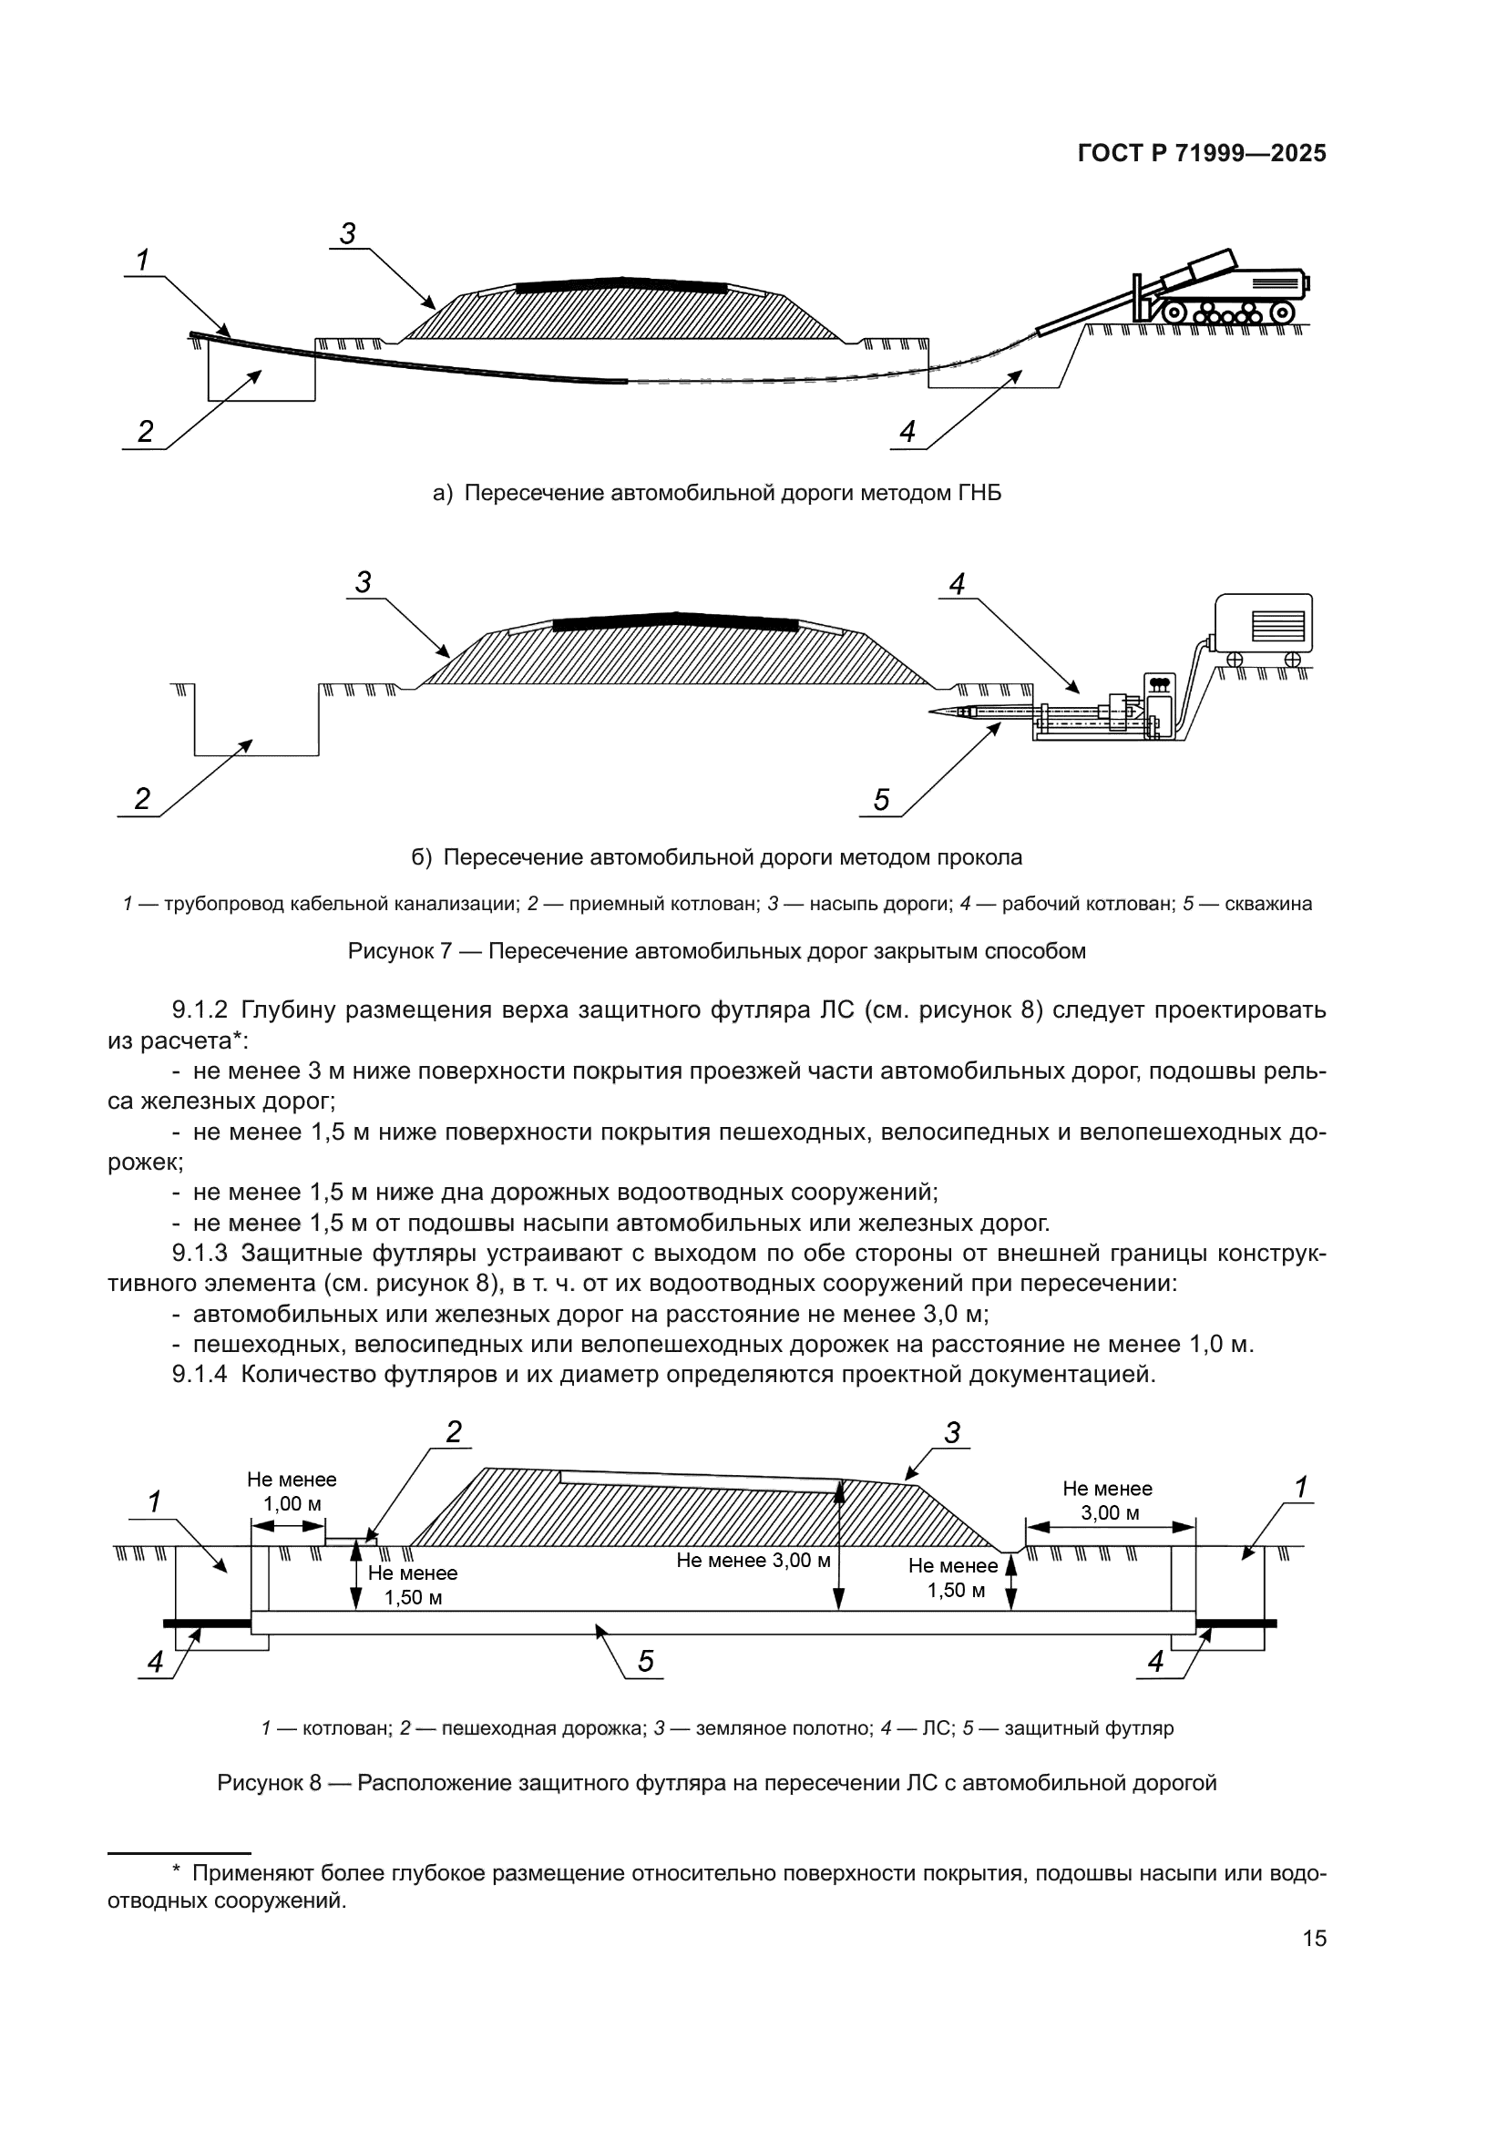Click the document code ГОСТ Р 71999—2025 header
(x=1202, y=154)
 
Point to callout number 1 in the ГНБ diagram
(x=143, y=261)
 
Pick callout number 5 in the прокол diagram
(x=881, y=799)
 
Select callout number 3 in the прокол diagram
(x=363, y=583)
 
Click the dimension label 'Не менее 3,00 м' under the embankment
(x=753, y=1560)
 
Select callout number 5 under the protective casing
(x=646, y=1662)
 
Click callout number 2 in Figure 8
(x=453, y=1432)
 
